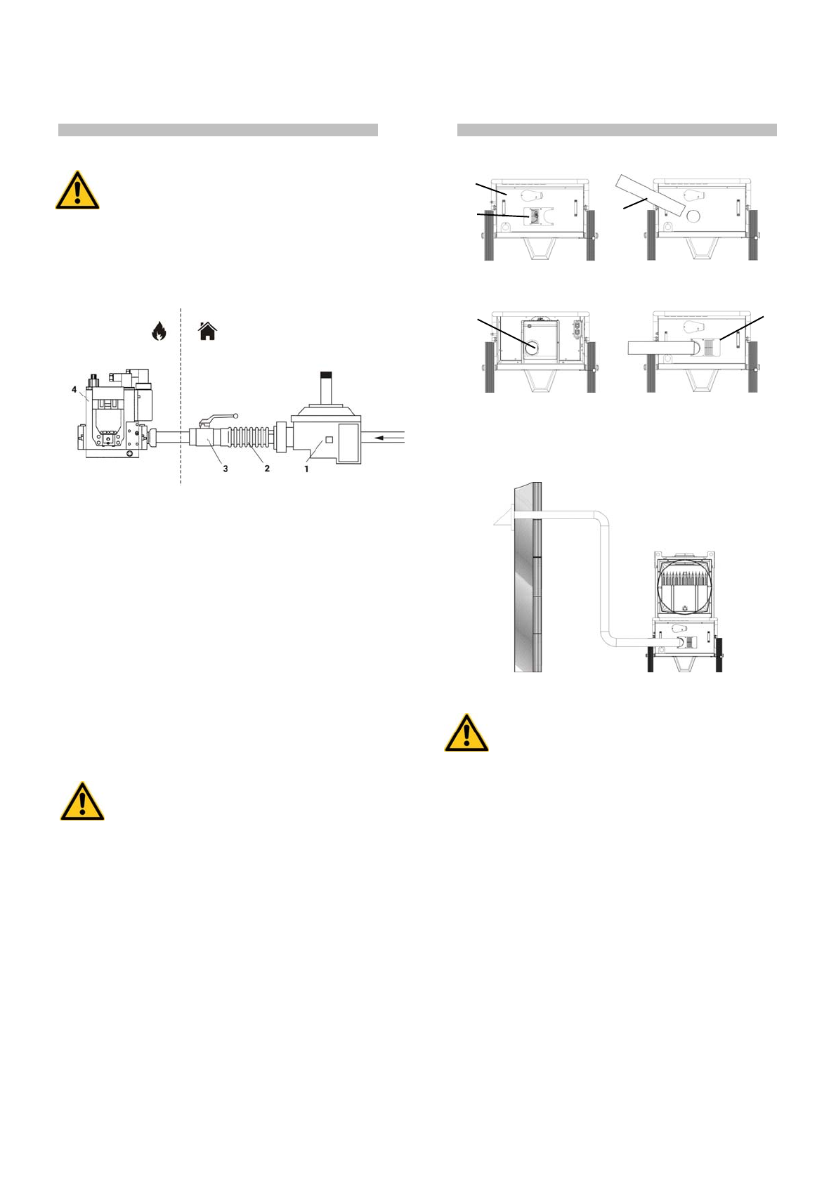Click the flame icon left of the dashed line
click(x=159, y=331)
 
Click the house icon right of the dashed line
click(x=207, y=331)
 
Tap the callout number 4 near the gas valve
click(x=74, y=389)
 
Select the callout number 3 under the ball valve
click(x=226, y=469)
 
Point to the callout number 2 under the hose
click(x=267, y=469)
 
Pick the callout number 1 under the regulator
click(x=306, y=469)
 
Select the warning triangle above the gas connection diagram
click(x=77, y=191)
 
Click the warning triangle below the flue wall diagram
click(x=466, y=734)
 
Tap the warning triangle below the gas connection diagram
click(x=82, y=802)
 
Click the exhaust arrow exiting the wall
click(x=501, y=519)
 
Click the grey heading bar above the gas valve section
click(x=218, y=130)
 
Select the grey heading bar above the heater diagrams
click(x=617, y=130)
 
